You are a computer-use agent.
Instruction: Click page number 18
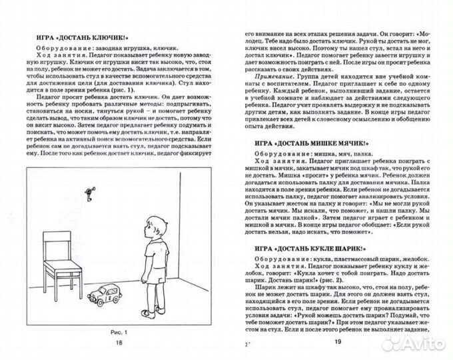point(119,343)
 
